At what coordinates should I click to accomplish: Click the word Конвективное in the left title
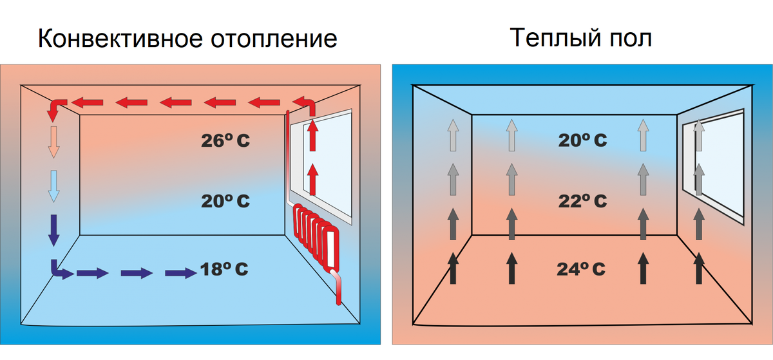tap(120, 39)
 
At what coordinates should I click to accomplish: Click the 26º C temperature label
tap(225, 141)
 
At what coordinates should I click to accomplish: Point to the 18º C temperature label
tap(225, 269)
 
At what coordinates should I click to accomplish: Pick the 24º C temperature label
tap(580, 269)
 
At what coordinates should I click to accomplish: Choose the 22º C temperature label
tap(582, 201)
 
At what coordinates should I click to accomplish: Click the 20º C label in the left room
tap(225, 201)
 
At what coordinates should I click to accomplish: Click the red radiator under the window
tap(316, 234)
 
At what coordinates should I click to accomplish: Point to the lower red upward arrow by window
tap(313, 179)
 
